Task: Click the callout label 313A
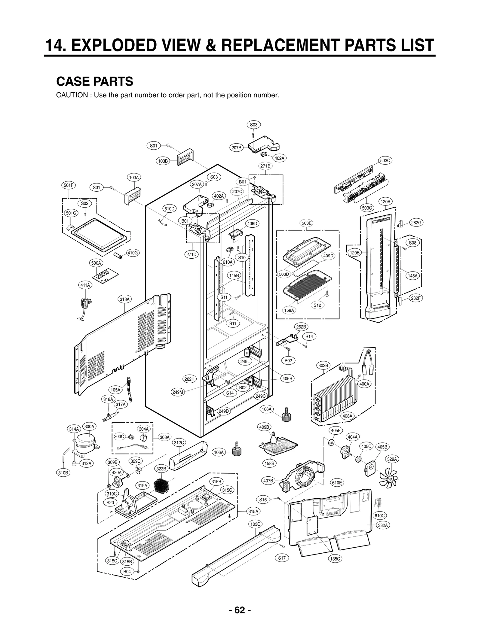pos(124,299)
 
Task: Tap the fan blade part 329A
pos(389,477)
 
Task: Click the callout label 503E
pos(306,223)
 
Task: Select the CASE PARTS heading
pos(95,81)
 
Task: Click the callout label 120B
pos(355,253)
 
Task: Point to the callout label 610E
pos(337,483)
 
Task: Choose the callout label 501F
pos(69,185)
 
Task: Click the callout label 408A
pos(347,416)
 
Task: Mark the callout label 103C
pos(256,524)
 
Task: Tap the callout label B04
pos(127,571)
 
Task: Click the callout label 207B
pos(236,147)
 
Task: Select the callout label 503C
pos(385,160)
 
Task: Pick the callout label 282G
pos(416,223)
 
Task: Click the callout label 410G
pos(133,253)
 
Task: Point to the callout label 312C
pos(179,442)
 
